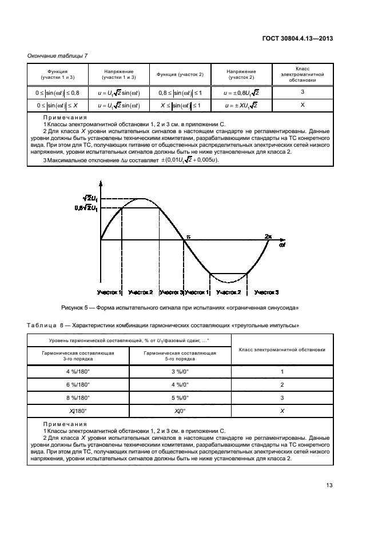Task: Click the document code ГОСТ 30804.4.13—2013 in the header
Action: pos(297,39)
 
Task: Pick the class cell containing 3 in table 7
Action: pos(303,91)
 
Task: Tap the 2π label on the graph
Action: pos(268,235)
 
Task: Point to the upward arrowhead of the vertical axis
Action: pos(101,184)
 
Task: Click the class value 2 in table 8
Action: pos(281,385)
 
